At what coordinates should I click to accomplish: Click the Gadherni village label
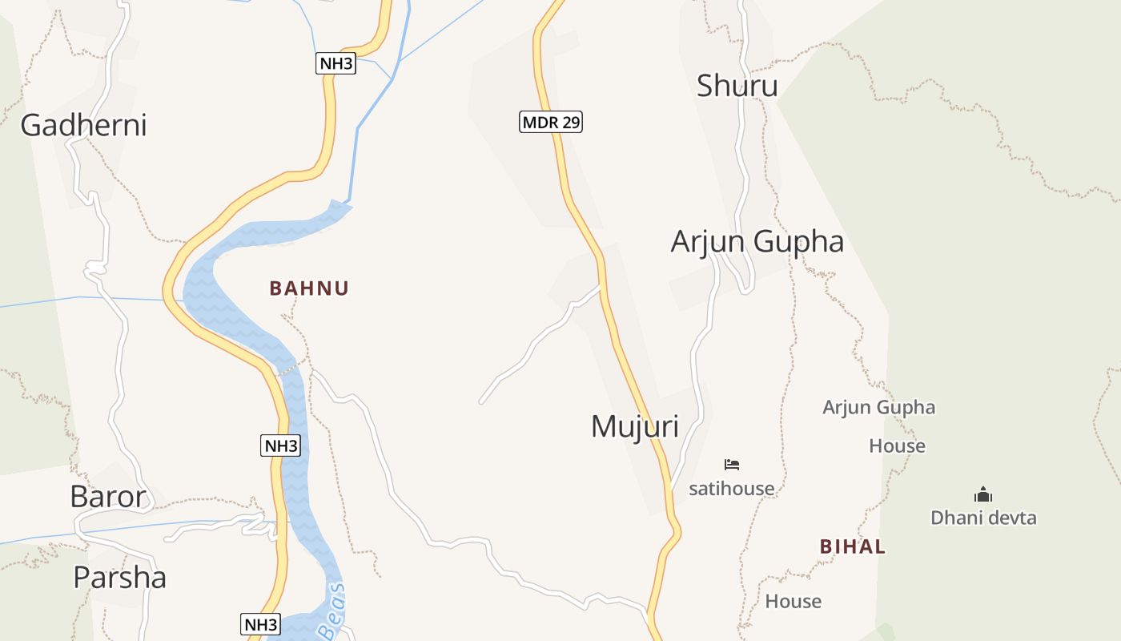[x=83, y=126]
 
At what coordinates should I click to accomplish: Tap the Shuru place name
[x=737, y=86]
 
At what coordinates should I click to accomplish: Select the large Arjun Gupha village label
[x=757, y=241]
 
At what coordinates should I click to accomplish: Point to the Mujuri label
[x=634, y=426]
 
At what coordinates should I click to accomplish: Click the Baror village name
[x=108, y=497]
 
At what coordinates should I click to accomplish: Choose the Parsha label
[x=119, y=577]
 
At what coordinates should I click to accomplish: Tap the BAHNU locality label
[x=309, y=288]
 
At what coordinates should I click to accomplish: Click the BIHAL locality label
[x=852, y=547]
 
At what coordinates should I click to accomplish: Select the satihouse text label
[x=731, y=488]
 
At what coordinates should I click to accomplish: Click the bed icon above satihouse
[x=731, y=464]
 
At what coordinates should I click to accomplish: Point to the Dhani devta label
[x=982, y=518]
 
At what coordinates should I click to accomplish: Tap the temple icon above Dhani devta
[x=982, y=494]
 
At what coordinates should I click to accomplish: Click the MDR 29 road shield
[x=550, y=123]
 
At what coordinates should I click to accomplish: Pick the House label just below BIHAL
[x=793, y=601]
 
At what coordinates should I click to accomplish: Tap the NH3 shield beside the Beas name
[x=261, y=624]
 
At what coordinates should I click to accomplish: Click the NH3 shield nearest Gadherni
[x=335, y=64]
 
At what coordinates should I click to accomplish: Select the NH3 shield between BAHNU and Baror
[x=280, y=445]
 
